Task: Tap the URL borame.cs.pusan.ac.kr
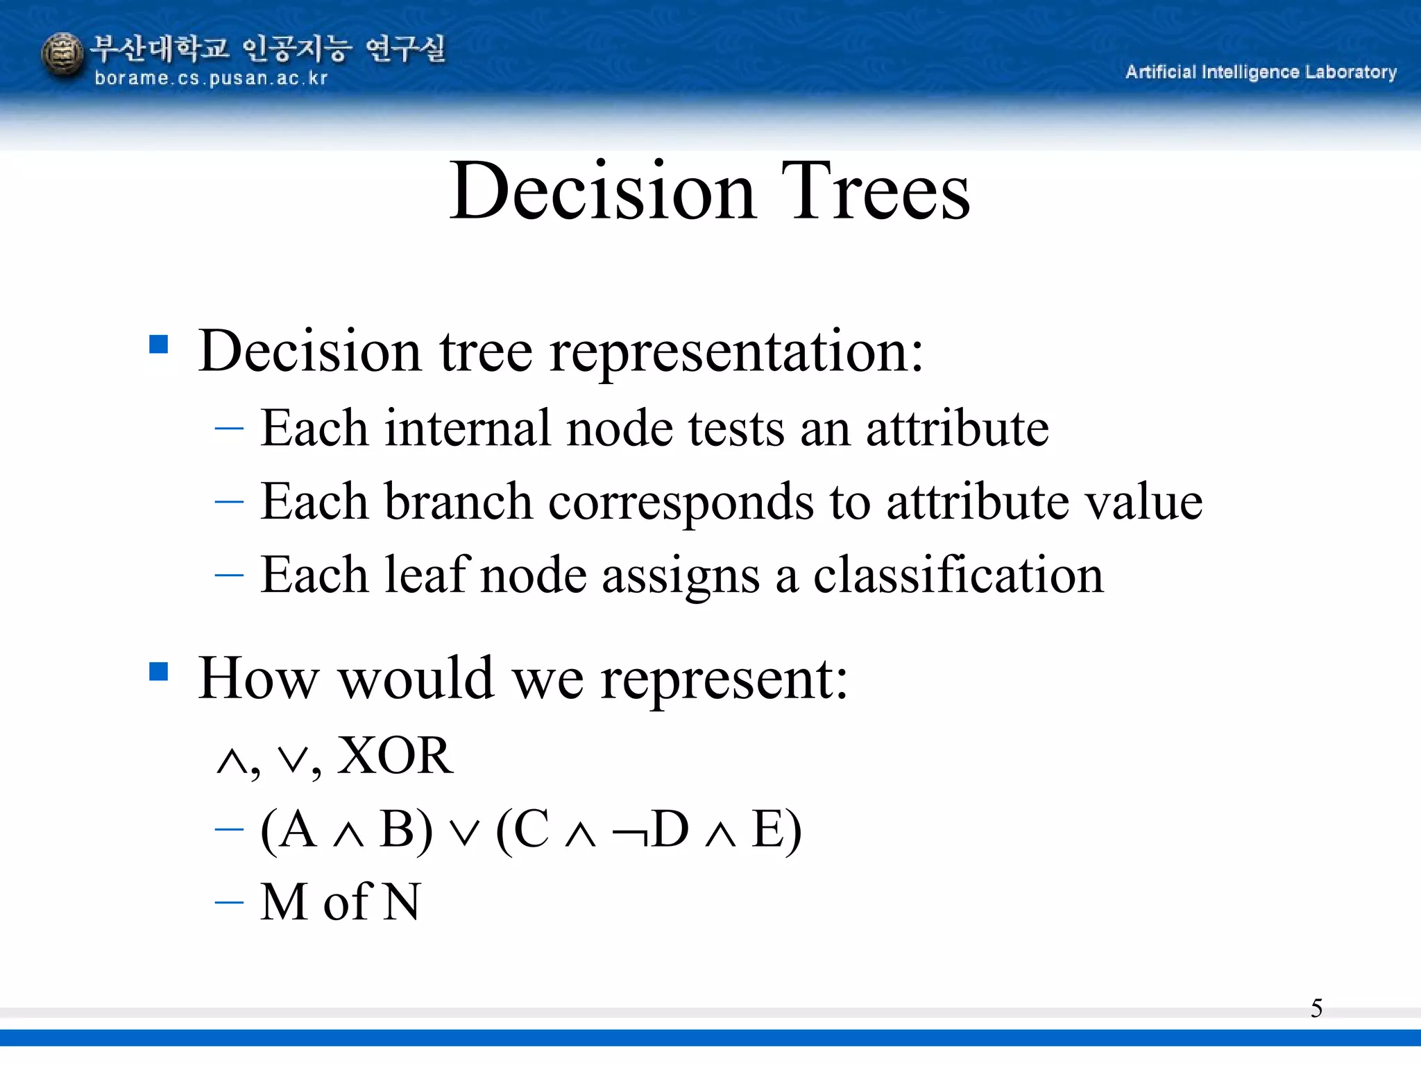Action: click(x=210, y=78)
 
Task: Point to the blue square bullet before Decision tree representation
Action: click(x=159, y=345)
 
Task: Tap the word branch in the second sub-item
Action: click(x=458, y=501)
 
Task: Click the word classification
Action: click(x=958, y=575)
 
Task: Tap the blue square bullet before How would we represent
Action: click(x=159, y=671)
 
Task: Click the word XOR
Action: click(x=394, y=756)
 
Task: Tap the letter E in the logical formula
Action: click(x=769, y=829)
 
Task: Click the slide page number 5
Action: click(x=1316, y=1008)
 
